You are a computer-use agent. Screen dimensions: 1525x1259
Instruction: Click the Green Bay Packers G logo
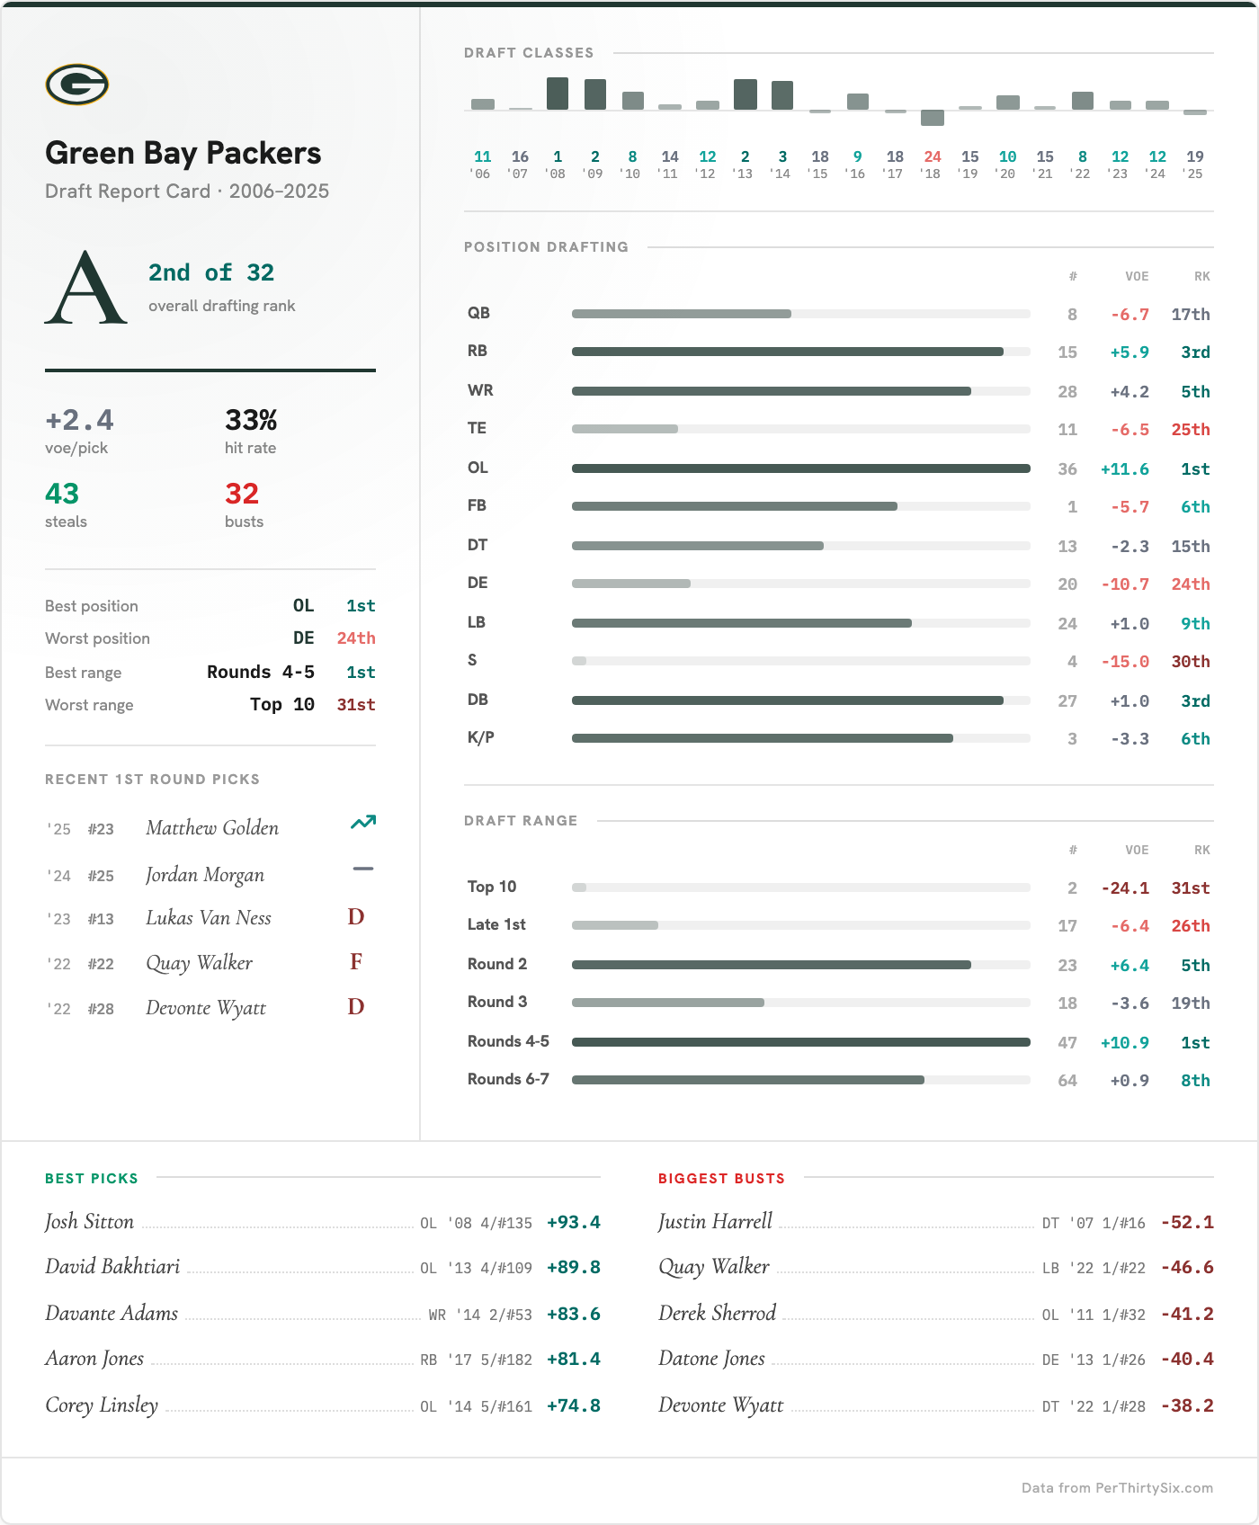[77, 85]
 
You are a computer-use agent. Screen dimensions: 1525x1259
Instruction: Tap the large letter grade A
[85, 288]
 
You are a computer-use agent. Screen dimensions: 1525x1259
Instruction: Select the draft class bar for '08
[558, 94]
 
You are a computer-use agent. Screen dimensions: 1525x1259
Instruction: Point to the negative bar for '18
[933, 118]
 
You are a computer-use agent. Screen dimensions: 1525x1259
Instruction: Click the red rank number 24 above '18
[933, 156]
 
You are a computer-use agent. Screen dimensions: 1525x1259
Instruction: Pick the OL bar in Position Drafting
[800, 468]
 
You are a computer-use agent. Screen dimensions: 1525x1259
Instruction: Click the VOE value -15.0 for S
[1125, 662]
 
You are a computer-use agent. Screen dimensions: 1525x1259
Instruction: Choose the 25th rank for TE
[1190, 430]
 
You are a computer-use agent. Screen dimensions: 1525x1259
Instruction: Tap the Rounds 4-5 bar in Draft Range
[800, 1042]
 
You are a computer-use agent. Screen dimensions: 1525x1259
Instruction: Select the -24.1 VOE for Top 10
[1125, 888]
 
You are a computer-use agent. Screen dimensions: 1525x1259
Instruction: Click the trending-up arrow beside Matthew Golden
[363, 822]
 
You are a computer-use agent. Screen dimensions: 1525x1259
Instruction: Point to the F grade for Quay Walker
[356, 962]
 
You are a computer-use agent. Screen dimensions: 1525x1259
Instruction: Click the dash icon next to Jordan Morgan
[363, 869]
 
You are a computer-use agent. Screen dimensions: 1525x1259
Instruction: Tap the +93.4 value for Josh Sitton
[573, 1223]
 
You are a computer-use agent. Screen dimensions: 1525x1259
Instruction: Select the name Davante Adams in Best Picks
[112, 1313]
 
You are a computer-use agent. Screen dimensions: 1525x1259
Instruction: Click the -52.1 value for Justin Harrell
[1187, 1223]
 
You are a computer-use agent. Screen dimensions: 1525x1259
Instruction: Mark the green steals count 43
[62, 494]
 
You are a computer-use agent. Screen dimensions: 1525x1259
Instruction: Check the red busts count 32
[242, 494]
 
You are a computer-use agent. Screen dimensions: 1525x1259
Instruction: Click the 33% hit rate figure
[251, 420]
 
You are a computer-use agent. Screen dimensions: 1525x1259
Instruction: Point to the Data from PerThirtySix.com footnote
[1117, 1488]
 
